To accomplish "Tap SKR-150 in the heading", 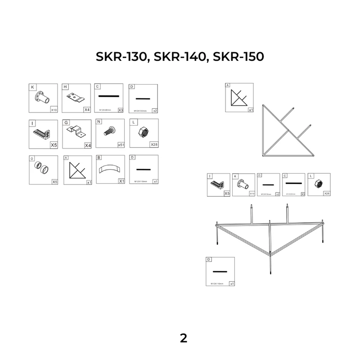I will point(238,57).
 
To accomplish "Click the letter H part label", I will point(65,86).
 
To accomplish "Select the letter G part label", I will point(66,122).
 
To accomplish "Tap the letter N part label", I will point(99,122).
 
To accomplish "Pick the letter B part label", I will point(99,158).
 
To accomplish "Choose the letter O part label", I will point(32,158).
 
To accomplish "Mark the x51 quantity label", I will point(120,145).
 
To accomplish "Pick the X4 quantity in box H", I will point(87,109).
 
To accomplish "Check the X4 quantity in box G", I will point(87,145).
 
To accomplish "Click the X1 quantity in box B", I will point(121,181).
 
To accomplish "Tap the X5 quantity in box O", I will point(54,181).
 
